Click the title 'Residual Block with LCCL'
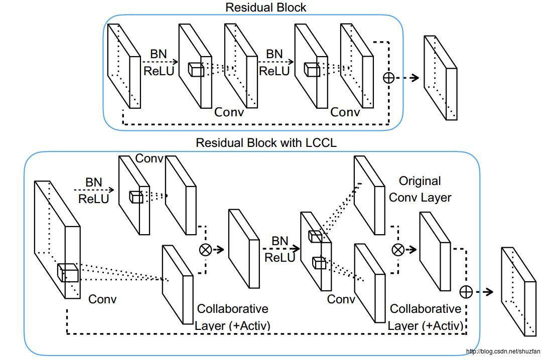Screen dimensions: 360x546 266,143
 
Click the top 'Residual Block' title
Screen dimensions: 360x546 265,8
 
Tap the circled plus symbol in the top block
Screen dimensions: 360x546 388,77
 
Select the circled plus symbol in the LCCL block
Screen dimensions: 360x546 466,292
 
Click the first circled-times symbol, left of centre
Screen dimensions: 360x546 205,250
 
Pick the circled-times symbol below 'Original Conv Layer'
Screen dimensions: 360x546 397,249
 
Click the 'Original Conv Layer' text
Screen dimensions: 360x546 420,189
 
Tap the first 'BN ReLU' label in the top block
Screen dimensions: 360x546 159,62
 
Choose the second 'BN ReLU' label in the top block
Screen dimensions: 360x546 274,62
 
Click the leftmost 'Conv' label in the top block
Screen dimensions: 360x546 229,112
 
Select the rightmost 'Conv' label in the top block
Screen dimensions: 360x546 345,112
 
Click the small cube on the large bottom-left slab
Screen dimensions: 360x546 67,273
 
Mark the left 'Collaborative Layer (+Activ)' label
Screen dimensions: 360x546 232,317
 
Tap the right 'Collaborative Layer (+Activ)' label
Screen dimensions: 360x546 425,317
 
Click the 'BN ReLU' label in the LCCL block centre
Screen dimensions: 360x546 280,249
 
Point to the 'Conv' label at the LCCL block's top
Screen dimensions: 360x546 149,158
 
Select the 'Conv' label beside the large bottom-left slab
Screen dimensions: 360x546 102,299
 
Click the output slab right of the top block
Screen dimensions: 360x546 440,78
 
